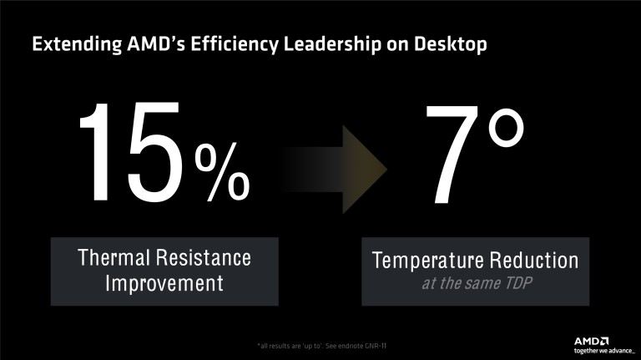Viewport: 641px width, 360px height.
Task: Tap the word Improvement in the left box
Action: [164, 283]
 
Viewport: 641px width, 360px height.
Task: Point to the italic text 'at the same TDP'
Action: [474, 285]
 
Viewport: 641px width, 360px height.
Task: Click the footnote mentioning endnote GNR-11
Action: [320, 345]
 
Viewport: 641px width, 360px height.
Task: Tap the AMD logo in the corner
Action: [591, 341]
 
